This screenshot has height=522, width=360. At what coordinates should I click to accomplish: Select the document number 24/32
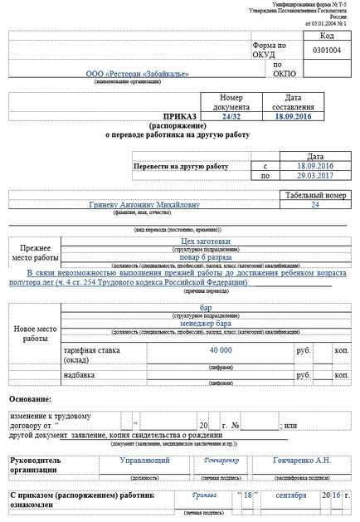click(x=231, y=118)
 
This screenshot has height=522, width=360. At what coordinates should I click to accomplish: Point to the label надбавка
click(x=80, y=374)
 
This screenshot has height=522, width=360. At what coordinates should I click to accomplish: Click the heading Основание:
click(x=31, y=399)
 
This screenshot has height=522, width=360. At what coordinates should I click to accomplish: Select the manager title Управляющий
click(x=145, y=460)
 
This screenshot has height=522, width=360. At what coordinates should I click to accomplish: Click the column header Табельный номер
click(x=314, y=194)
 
